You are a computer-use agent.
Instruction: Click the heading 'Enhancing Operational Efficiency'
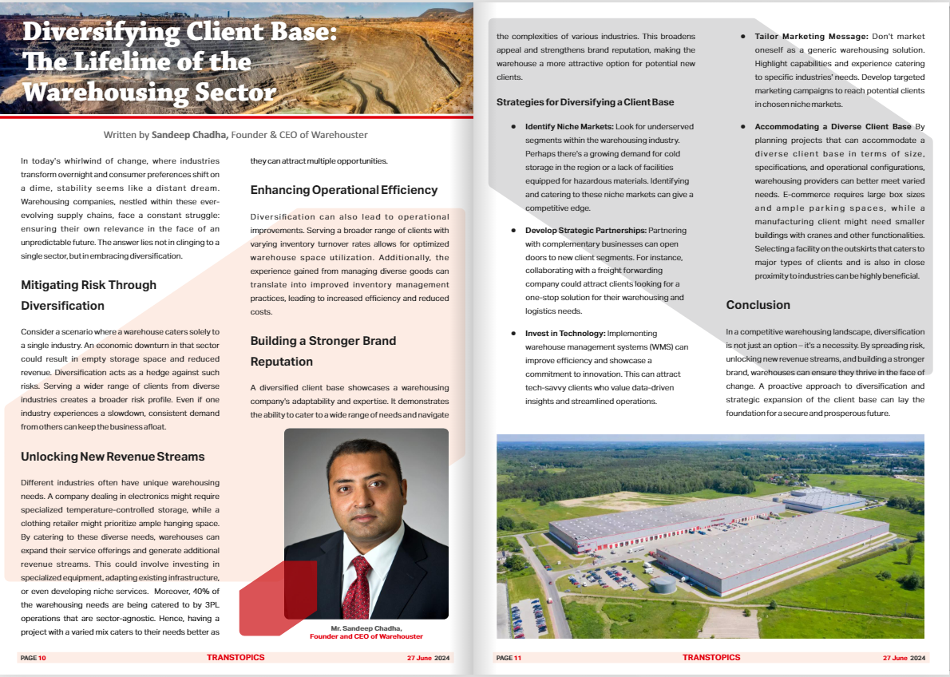[344, 190]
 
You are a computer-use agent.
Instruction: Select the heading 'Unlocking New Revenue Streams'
[113, 457]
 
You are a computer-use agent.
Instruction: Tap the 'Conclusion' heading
[758, 305]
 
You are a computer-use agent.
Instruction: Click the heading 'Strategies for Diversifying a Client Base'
[585, 102]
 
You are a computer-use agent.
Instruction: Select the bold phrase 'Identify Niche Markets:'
[568, 127]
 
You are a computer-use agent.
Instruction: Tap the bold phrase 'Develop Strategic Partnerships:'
[585, 230]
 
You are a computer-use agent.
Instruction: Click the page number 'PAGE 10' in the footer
[34, 658]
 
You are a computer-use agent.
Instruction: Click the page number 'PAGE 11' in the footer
[509, 658]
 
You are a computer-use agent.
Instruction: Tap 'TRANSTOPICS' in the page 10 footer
[235, 658]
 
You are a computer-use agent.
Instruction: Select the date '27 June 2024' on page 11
[904, 658]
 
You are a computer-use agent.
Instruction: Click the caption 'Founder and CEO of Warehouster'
[366, 636]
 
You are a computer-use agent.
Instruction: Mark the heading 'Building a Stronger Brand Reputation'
[323, 350]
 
